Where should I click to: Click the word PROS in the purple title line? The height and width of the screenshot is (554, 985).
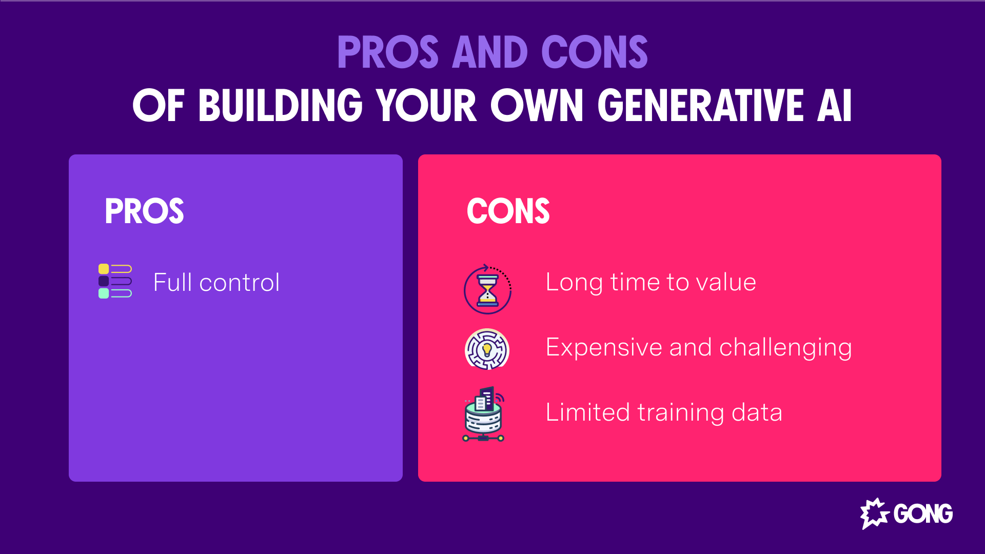[388, 52]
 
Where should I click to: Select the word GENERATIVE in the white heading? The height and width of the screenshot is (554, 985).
[700, 106]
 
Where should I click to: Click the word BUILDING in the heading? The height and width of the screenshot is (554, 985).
[281, 106]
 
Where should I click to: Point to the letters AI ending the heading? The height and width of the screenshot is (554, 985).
[834, 106]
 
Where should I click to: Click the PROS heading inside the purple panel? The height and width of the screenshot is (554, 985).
[144, 211]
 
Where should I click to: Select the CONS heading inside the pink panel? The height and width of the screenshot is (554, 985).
[508, 211]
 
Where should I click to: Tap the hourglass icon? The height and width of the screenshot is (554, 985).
[487, 290]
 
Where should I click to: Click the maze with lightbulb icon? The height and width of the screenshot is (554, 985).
[487, 349]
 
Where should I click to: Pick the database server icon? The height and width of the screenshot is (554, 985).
[483, 414]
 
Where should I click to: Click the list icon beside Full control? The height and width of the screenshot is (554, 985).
[115, 281]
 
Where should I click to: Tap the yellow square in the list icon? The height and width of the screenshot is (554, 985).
[104, 269]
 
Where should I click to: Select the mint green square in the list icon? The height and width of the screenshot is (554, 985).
[104, 293]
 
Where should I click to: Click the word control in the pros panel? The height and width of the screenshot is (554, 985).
[239, 283]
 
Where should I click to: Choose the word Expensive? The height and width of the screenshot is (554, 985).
[603, 348]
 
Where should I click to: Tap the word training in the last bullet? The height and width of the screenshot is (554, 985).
[680, 412]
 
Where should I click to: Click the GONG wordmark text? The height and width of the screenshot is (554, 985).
[923, 513]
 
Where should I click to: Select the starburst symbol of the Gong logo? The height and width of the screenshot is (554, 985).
[874, 513]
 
